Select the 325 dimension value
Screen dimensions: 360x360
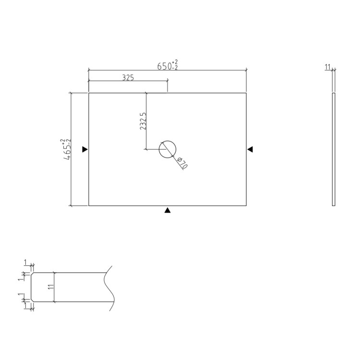click(128, 77)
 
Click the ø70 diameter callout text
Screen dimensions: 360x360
click(182, 163)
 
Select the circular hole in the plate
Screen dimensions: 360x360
click(168, 149)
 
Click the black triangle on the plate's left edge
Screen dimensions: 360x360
click(84, 149)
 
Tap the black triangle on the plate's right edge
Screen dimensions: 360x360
click(250, 149)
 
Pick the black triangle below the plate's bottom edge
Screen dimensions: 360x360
click(168, 210)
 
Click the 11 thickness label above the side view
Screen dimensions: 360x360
click(328, 67)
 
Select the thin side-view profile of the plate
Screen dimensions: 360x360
click(334, 149)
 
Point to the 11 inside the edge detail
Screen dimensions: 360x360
click(50, 287)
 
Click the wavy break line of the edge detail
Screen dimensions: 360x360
click(110, 288)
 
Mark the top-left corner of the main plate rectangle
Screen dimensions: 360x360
click(89, 93)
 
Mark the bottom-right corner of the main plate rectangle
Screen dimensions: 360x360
click(246, 205)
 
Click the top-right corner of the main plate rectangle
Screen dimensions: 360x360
click(246, 93)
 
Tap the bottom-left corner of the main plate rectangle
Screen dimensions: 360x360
click(89, 205)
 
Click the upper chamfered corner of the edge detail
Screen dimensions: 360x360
click(32, 274)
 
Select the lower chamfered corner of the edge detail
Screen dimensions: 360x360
click(32, 301)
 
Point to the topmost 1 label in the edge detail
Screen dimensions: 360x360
click(25, 262)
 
